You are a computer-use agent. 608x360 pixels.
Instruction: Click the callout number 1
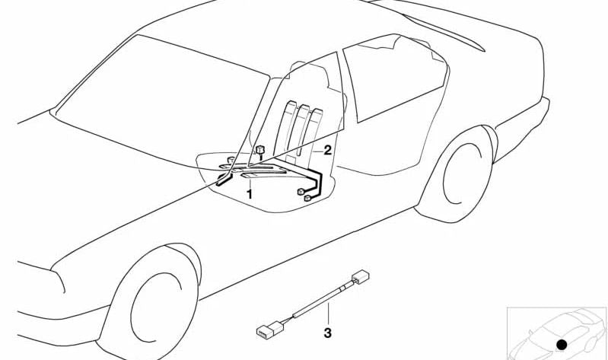pyautogui.click(x=250, y=193)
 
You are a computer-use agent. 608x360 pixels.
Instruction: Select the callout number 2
pyautogui.click(x=328, y=150)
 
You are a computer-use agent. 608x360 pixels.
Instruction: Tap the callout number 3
pyautogui.click(x=328, y=333)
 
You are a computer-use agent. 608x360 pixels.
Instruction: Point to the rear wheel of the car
pyautogui.click(x=457, y=175)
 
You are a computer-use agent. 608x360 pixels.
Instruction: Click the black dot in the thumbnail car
pyautogui.click(x=562, y=344)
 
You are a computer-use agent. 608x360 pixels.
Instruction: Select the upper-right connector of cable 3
pyautogui.click(x=361, y=277)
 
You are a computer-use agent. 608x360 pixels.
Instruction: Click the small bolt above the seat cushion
pyautogui.click(x=260, y=151)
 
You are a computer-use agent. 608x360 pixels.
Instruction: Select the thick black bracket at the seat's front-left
pyautogui.click(x=224, y=180)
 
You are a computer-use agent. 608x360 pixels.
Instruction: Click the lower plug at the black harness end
pyautogui.click(x=307, y=199)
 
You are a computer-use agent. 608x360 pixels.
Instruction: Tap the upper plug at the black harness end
pyautogui.click(x=301, y=191)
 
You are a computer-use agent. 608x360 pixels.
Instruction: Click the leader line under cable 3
pyautogui.click(x=328, y=314)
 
